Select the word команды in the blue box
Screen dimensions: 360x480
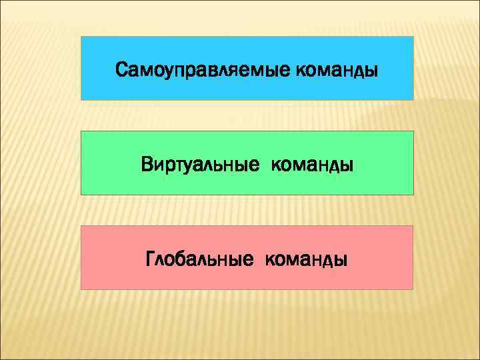pyautogui.click(x=334, y=69)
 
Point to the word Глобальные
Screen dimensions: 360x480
pyautogui.click(x=199, y=259)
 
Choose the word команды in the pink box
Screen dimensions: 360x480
pyautogui.click(x=306, y=259)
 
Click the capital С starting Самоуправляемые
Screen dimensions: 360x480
pyautogui.click(x=121, y=69)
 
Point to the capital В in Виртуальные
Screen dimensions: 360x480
pyautogui.click(x=147, y=163)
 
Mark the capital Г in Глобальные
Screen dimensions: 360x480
pyautogui.click(x=150, y=258)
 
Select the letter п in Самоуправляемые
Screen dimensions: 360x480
pyautogui.click(x=176, y=69)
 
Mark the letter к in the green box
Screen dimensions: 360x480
pyautogui.click(x=275, y=164)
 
